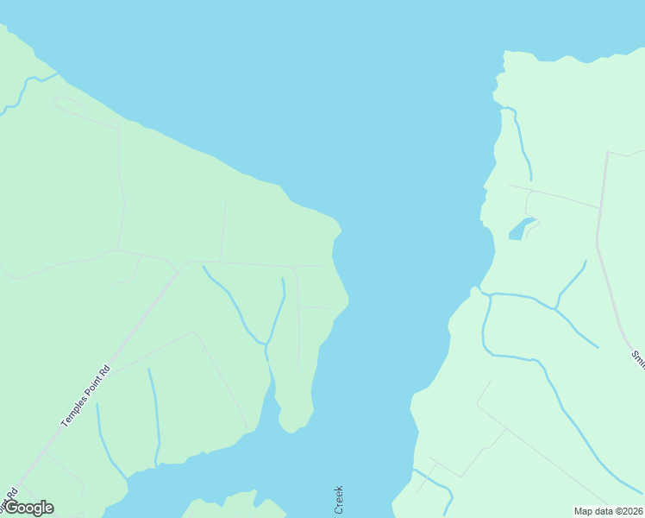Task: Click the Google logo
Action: pos(28,508)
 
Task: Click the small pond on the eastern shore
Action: pos(519,230)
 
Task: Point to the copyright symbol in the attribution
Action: pos(614,511)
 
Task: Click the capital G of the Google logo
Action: pos(13,508)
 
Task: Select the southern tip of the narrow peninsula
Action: pos(294,426)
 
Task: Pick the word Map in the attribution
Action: pos(584,511)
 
